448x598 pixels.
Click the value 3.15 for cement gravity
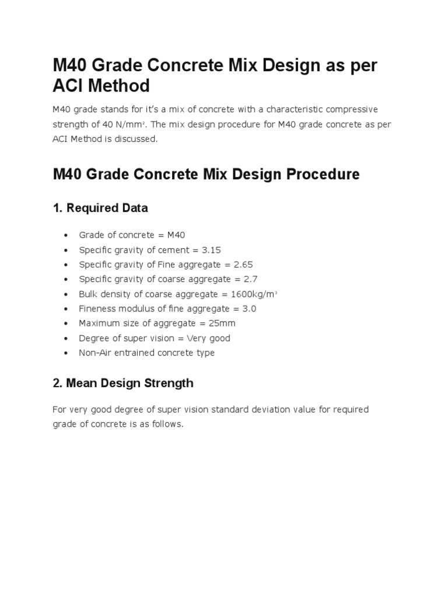212,249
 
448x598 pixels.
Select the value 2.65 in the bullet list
243,265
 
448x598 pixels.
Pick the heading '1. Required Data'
100,208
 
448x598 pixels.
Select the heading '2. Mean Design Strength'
123,383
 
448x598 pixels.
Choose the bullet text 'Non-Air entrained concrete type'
146,353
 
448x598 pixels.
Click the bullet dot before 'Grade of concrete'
66,235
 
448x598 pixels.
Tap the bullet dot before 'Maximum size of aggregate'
66,323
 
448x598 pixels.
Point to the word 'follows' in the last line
168,425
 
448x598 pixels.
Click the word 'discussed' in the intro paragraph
138,140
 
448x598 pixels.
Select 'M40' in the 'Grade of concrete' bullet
176,235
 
